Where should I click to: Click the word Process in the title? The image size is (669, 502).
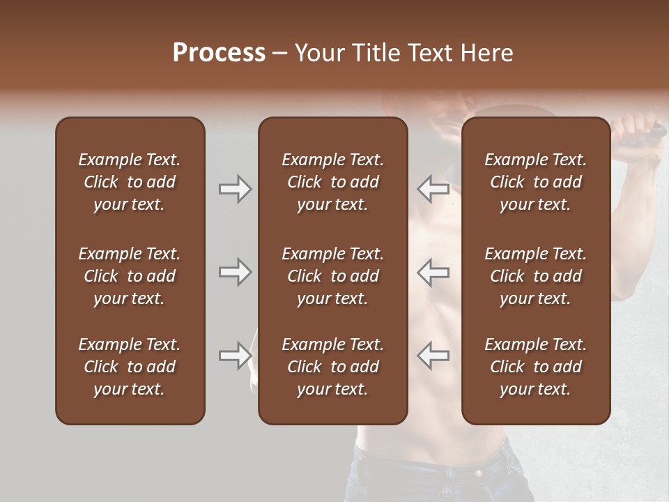pyautogui.click(x=219, y=53)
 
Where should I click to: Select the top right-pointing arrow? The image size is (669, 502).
pyautogui.click(x=235, y=189)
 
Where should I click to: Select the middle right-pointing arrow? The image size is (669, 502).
pyautogui.click(x=235, y=272)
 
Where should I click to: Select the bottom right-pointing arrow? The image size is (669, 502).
pyautogui.click(x=235, y=356)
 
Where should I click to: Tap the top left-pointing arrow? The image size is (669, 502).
pyautogui.click(x=433, y=189)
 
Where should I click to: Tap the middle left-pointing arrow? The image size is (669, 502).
pyautogui.click(x=433, y=272)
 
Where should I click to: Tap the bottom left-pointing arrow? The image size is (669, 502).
pyautogui.click(x=433, y=356)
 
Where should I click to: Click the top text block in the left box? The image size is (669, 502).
pyautogui.click(x=130, y=182)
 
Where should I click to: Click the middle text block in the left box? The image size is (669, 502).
pyautogui.click(x=130, y=276)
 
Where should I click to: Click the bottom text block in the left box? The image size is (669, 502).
pyautogui.click(x=130, y=367)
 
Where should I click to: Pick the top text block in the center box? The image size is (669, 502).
pyautogui.click(x=332, y=182)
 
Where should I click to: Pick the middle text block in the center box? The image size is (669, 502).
pyautogui.click(x=332, y=276)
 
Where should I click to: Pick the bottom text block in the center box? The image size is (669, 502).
pyautogui.click(x=332, y=367)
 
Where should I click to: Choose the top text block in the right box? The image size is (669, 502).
pyautogui.click(x=535, y=182)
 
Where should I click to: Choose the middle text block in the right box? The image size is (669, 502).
pyautogui.click(x=535, y=276)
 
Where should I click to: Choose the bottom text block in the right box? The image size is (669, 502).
pyautogui.click(x=535, y=367)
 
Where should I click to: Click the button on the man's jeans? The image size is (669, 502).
pyautogui.click(x=479, y=473)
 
